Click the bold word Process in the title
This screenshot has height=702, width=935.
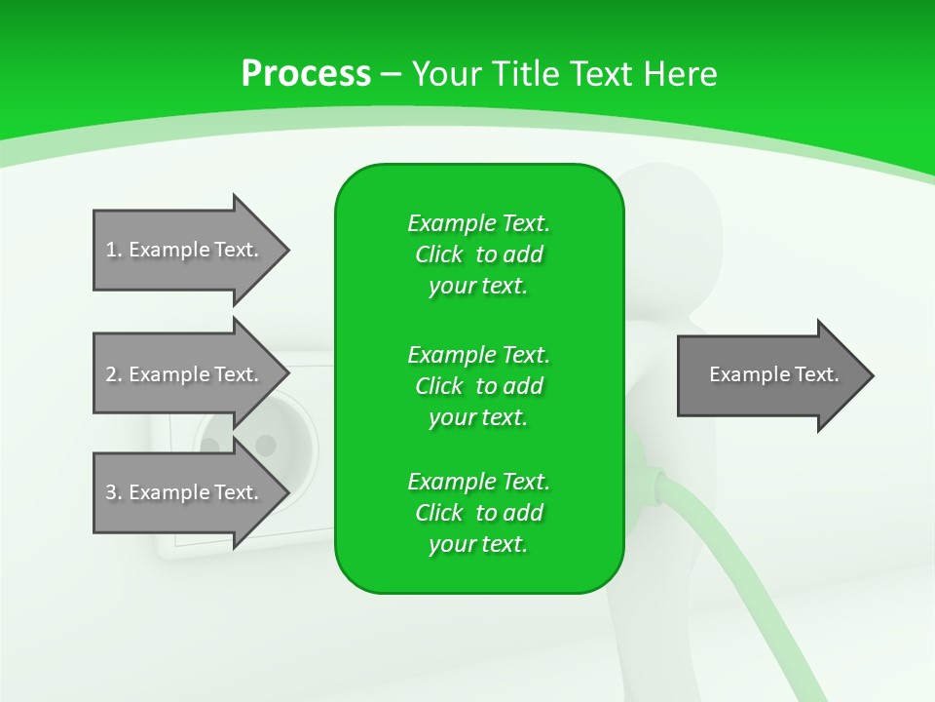click(306, 74)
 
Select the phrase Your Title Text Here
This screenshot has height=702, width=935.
click(564, 74)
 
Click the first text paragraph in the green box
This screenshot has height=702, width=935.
click(478, 254)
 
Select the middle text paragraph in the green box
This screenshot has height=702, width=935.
click(478, 386)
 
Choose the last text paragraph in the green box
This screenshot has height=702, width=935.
click(478, 513)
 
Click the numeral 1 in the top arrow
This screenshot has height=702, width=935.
click(110, 250)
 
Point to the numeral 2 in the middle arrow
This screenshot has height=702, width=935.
click(111, 374)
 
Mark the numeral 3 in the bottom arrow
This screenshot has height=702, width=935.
click(111, 492)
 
